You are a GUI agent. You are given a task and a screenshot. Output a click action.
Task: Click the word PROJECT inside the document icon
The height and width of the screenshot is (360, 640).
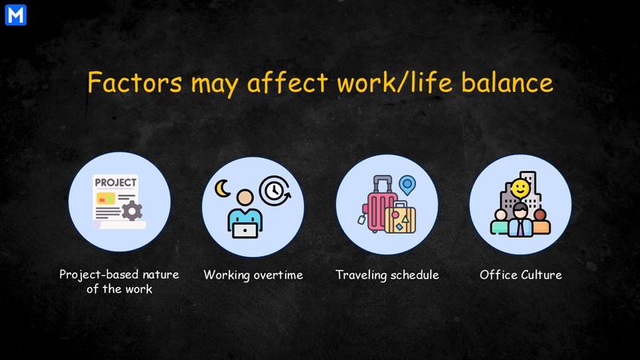pos(115,182)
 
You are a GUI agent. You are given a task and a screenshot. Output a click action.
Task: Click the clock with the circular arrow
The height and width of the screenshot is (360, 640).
pos(276,190)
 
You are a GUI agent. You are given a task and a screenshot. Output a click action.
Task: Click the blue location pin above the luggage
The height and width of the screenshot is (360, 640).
pos(409,186)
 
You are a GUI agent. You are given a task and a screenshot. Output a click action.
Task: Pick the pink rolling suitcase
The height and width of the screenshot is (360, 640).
pos(381,209)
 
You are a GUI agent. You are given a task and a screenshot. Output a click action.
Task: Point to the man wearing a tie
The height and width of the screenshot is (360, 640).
pos(520,220)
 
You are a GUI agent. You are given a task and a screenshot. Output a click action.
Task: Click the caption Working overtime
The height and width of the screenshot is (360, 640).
pos(253,275)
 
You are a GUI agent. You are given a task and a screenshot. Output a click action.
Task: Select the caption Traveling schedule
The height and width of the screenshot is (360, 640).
pos(387,275)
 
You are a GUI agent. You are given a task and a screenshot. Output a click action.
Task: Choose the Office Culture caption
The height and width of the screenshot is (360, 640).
pos(520,275)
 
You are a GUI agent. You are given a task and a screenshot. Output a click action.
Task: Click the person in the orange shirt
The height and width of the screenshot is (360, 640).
pos(541,222)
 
